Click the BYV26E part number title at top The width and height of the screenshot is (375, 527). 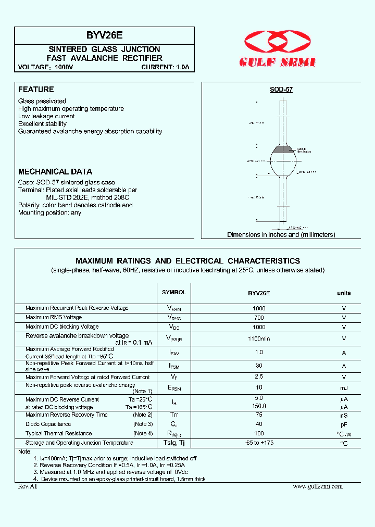(104, 35)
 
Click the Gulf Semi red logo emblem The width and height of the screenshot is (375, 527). (278, 41)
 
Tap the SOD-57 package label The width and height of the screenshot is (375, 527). (281, 90)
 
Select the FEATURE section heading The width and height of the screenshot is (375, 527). (36, 90)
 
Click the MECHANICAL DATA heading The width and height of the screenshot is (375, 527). (55, 171)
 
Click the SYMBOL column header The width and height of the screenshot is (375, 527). (173, 293)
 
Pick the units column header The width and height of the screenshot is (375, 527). (344, 293)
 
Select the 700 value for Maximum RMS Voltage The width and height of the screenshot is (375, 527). (259, 318)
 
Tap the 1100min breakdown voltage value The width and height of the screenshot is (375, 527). (259, 338)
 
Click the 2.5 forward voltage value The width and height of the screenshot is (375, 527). (259, 377)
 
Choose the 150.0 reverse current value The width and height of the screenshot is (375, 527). (259, 406)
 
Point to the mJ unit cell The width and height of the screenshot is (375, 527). (344, 388)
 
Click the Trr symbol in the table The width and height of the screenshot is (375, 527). (173, 415)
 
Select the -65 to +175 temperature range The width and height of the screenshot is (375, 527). (259, 443)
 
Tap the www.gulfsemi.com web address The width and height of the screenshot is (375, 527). (318, 486)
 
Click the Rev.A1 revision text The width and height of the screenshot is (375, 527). (27, 486)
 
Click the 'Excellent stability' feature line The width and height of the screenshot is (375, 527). (42, 124)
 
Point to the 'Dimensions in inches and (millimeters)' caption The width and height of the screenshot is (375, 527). (281, 235)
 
